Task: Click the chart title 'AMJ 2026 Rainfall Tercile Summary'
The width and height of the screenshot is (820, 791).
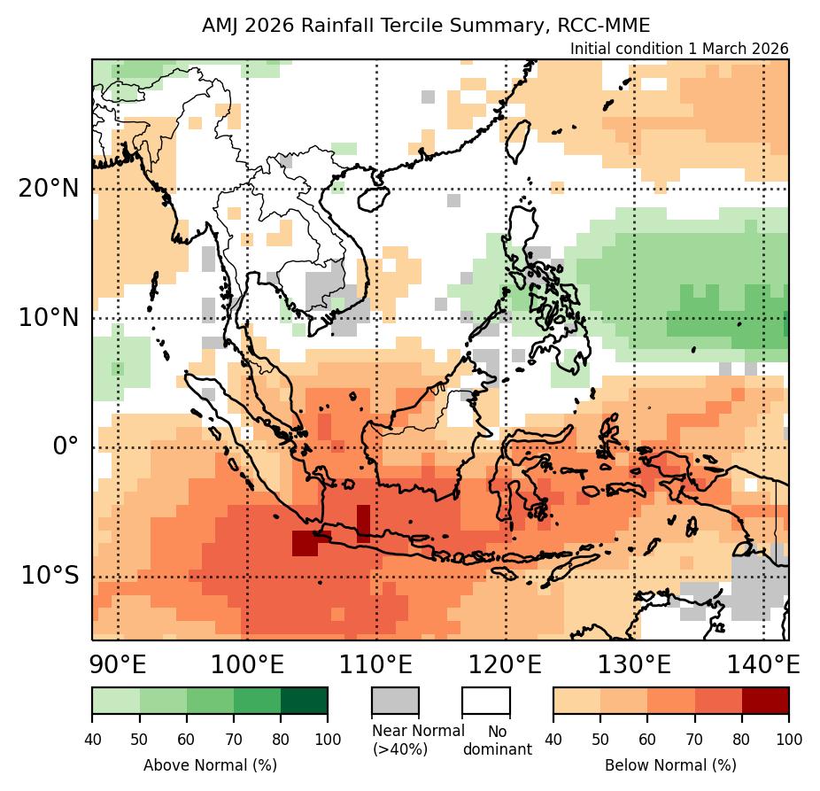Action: coord(426,26)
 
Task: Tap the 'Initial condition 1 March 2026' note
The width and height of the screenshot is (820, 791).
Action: coord(678,49)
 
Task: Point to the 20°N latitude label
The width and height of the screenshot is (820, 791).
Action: coord(54,188)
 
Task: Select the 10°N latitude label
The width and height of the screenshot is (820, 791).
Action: coord(54,317)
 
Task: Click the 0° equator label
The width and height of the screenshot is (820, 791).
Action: coord(66,446)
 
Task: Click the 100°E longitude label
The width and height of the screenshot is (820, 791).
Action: coord(247,663)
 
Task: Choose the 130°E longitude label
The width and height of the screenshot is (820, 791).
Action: coord(634,663)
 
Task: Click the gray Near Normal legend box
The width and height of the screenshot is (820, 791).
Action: coord(395,700)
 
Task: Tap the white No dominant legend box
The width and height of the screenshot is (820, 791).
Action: coord(486,700)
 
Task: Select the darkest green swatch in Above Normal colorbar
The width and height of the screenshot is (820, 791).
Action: coord(304,700)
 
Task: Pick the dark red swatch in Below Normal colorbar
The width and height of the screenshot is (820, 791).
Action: coord(765,700)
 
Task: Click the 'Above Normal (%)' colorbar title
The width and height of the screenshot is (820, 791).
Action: coord(210,764)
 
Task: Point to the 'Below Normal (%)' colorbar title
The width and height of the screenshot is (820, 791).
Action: coord(670,764)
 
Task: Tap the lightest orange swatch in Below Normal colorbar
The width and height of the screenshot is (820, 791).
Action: coord(576,700)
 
